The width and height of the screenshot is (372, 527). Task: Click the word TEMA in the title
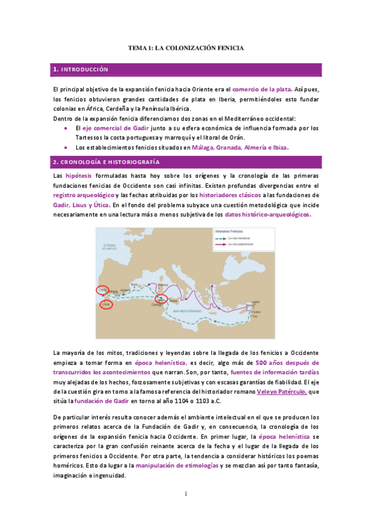coord(137,47)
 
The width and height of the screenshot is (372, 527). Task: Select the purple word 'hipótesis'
coord(79,176)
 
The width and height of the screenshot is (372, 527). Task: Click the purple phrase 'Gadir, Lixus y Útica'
coord(81,204)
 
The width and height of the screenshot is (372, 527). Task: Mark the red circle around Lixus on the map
coord(106,304)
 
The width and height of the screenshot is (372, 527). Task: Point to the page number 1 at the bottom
coord(186,494)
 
